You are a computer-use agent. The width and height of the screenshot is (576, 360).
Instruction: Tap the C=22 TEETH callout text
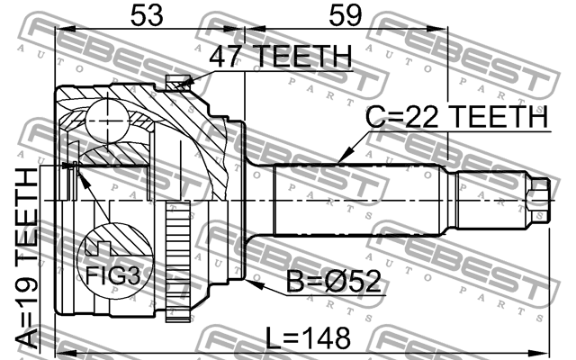456,117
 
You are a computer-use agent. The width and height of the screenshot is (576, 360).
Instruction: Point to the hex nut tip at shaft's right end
538,197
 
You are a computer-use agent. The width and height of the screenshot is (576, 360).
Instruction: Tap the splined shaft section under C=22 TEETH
360,198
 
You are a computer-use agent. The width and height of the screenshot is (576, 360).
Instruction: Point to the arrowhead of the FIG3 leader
72,168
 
